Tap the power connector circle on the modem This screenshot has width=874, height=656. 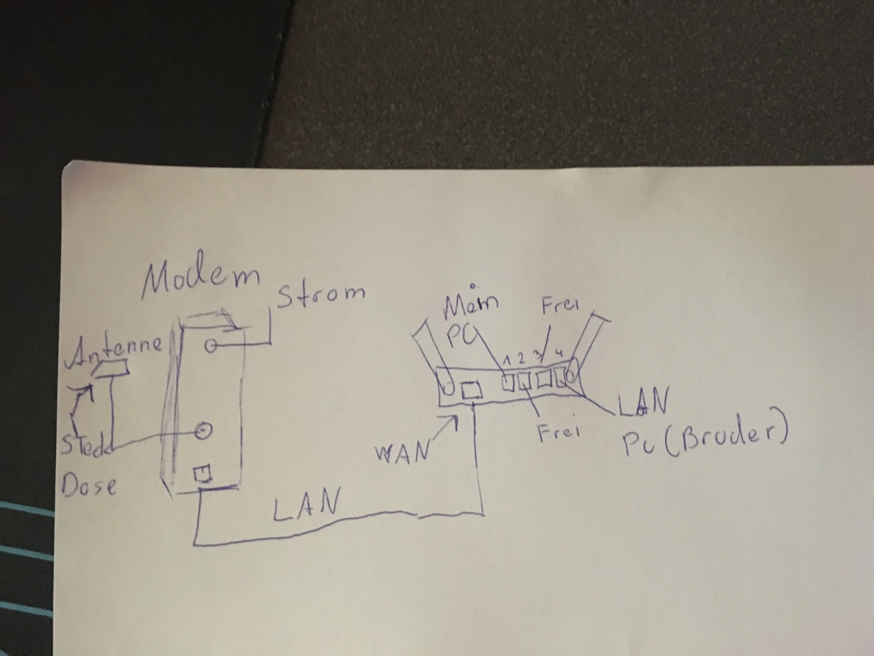[x=211, y=347]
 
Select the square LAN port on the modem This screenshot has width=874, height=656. [x=202, y=472]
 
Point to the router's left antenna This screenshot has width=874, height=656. [x=434, y=356]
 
